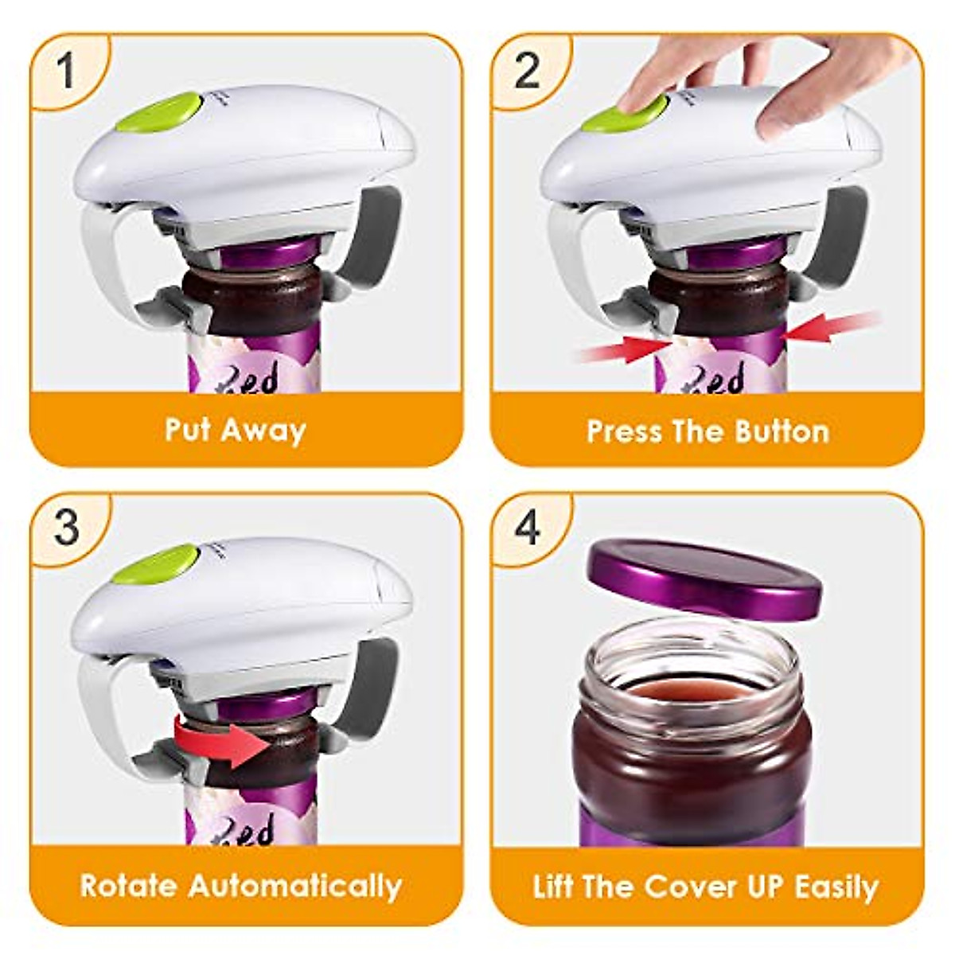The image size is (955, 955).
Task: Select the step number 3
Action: coord(67,526)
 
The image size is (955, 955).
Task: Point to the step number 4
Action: coord(528,526)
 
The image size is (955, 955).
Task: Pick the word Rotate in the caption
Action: coord(129,886)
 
